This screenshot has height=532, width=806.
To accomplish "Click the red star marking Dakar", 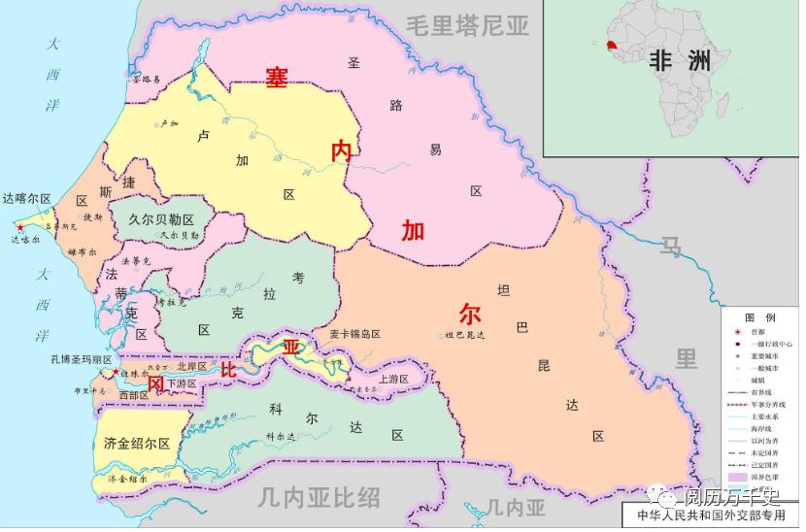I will click(x=20, y=226).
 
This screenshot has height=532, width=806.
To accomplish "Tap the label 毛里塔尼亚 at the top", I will click(x=468, y=26).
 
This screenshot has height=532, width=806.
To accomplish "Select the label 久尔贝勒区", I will click(x=161, y=219).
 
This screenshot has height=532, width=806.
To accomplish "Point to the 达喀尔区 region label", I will click(x=26, y=198).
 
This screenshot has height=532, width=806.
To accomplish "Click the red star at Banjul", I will click(x=116, y=372).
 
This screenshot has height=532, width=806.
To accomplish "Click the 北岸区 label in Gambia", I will click(x=192, y=366).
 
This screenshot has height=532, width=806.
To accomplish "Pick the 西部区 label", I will click(x=133, y=395).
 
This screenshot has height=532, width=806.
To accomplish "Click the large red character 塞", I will click(x=278, y=80).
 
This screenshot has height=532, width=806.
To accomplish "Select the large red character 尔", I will click(x=470, y=314).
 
